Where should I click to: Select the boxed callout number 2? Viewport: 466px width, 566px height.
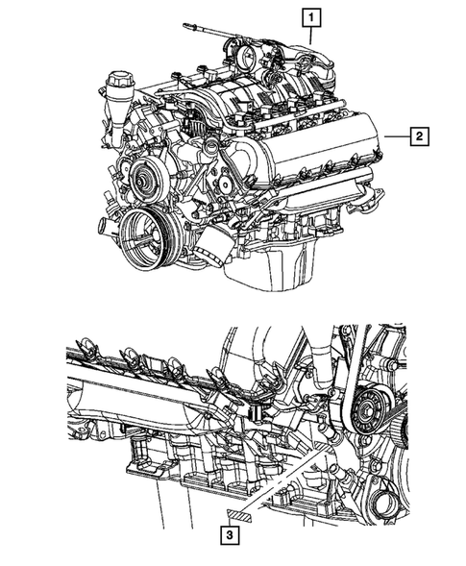pyautogui.click(x=420, y=135)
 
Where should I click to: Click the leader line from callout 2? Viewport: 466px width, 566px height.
pyautogui.click(x=395, y=136)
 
